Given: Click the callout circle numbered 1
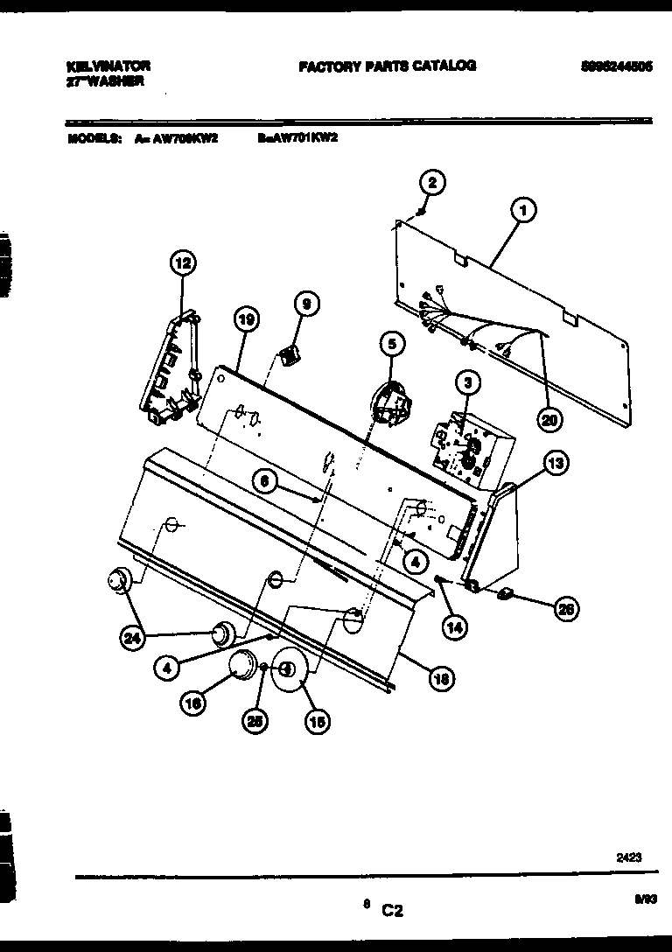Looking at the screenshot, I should click(x=522, y=210).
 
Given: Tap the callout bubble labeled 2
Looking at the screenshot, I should click(x=431, y=183).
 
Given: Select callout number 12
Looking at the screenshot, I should click(x=183, y=262).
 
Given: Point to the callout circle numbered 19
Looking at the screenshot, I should click(x=246, y=321).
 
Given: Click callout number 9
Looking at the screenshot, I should click(x=305, y=304).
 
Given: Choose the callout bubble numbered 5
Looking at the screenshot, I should click(x=392, y=345).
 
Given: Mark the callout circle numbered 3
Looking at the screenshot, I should click(x=467, y=381).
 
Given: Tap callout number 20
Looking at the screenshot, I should click(x=549, y=419).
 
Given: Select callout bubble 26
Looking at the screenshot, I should click(x=565, y=610).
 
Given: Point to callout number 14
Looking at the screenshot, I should click(x=454, y=626).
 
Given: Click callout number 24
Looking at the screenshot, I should click(x=132, y=640).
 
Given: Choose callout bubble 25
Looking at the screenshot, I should click(x=256, y=720).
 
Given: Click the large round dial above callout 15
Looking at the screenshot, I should click(x=290, y=670).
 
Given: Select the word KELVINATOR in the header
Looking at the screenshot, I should click(x=108, y=66).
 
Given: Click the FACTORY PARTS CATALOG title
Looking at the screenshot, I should click(x=387, y=66).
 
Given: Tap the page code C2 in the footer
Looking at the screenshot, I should click(x=392, y=911).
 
